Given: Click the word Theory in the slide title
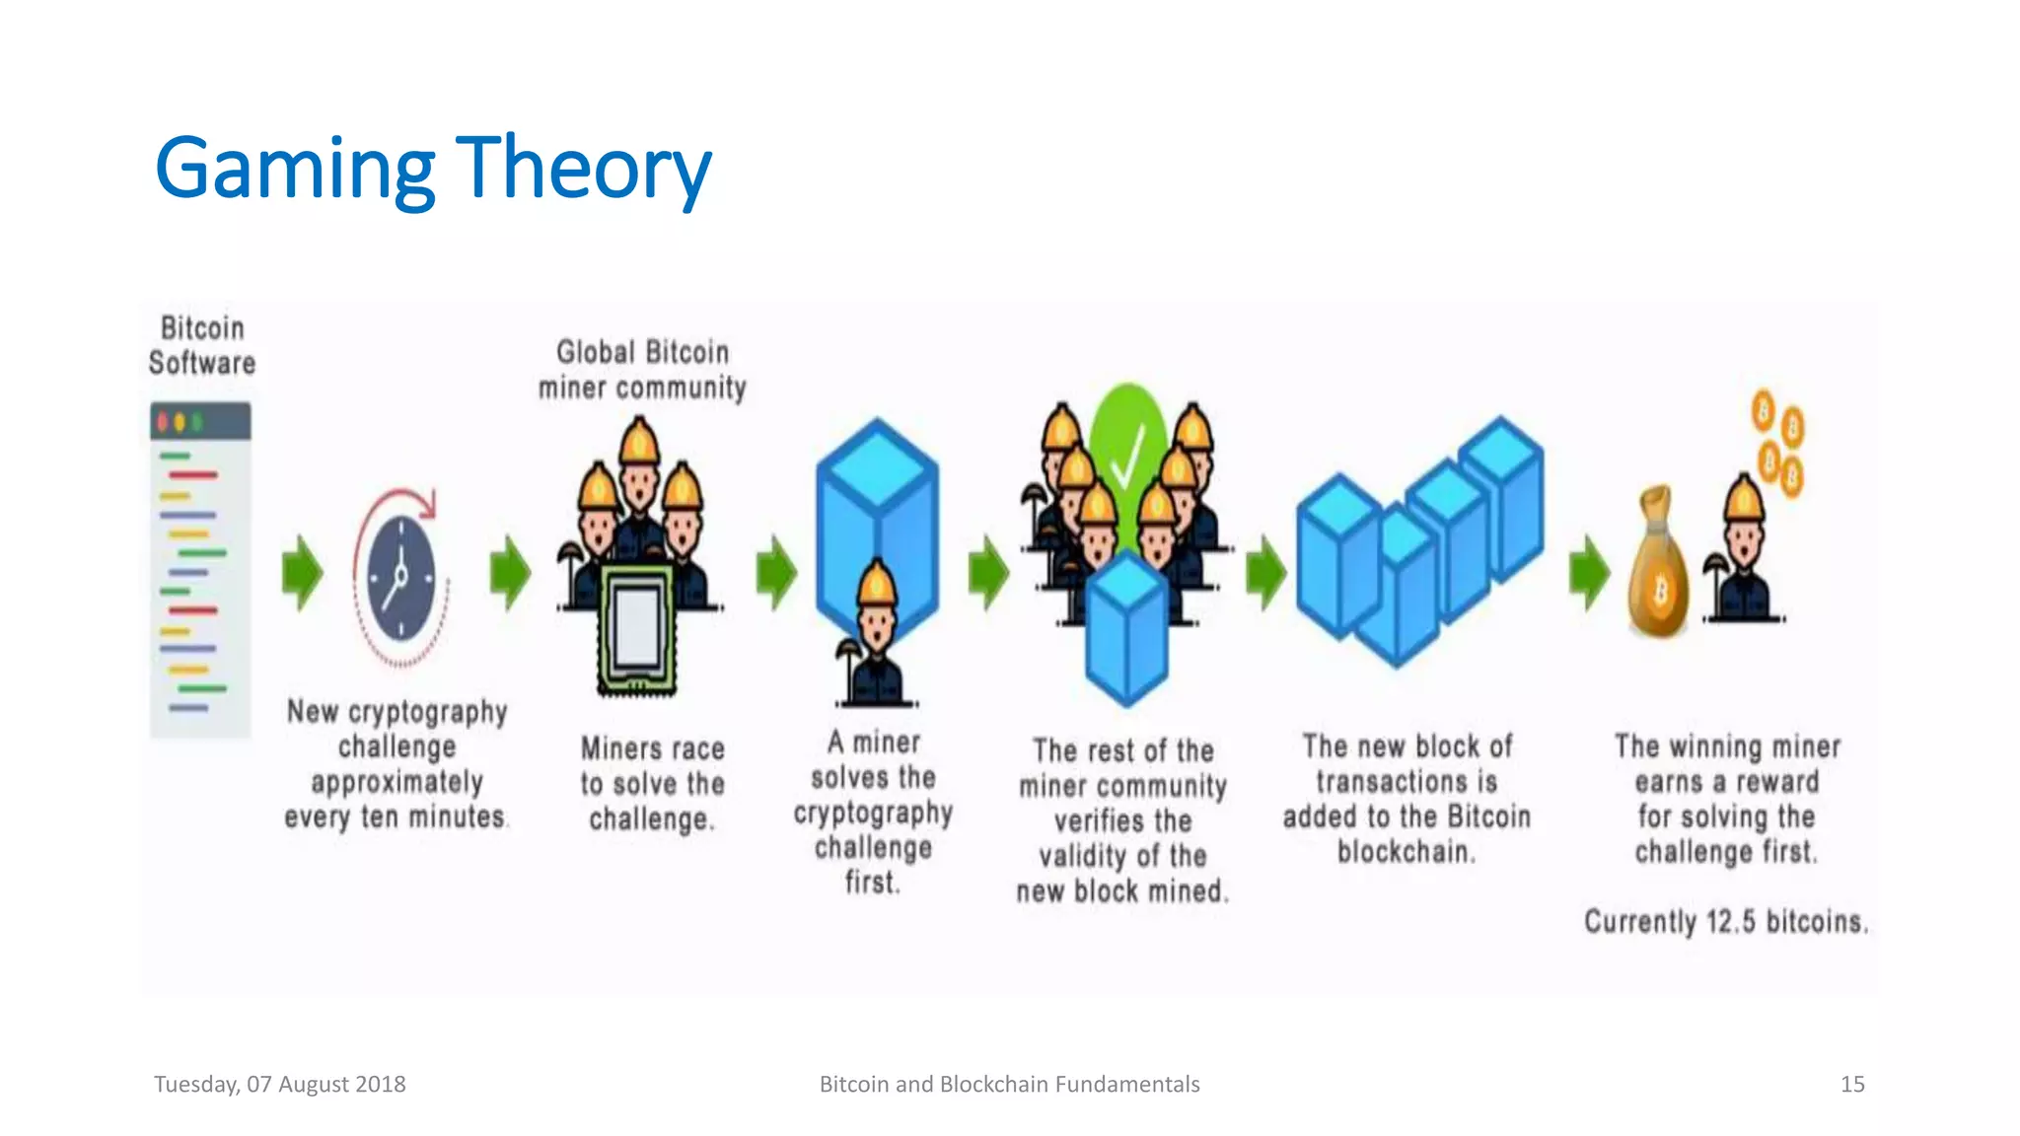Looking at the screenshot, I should coord(582,170).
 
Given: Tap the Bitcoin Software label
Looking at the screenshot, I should coord(202,345).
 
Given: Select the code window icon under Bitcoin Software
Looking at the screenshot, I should coord(200,569).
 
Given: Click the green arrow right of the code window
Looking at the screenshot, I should coord(302,573).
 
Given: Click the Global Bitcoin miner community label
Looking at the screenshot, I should coord(642,370).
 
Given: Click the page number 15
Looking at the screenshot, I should coord(1851,1084).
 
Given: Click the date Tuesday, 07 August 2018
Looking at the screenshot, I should coord(280,1084).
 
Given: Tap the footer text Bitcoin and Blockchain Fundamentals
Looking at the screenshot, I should coord(1009,1084).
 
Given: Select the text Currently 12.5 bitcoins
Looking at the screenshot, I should coord(1726,922).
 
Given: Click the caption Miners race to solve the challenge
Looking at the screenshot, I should coord(652,784).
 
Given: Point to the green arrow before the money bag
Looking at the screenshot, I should coord(1588,573).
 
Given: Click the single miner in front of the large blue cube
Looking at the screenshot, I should coord(876,636).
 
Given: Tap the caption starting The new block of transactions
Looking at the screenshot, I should coord(1407,799).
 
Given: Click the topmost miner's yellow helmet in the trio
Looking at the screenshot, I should coord(639,441).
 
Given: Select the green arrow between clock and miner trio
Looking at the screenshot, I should coord(510,573).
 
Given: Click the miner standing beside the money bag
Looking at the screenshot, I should coord(1744,557).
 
